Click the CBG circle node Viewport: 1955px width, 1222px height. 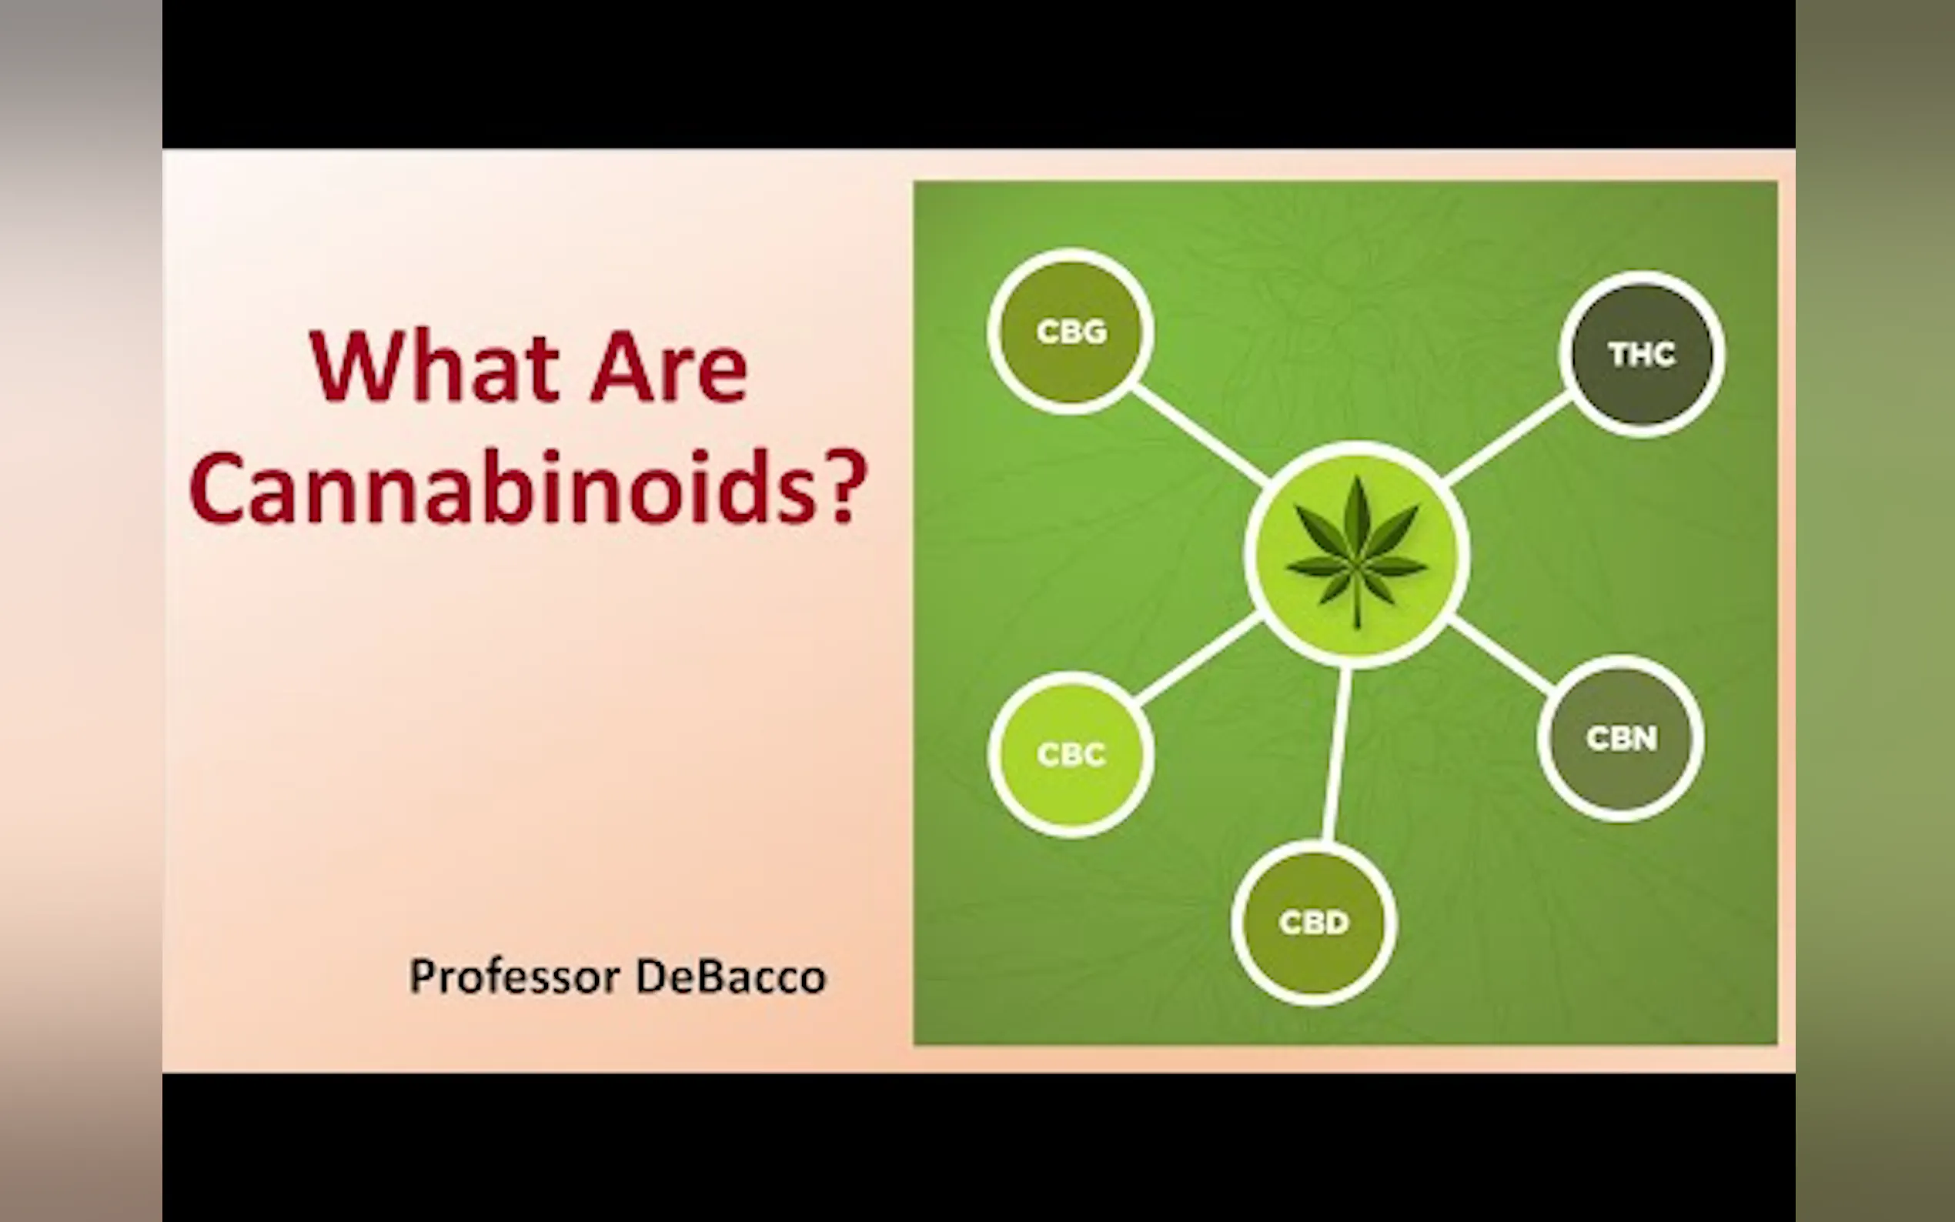(x=1070, y=332)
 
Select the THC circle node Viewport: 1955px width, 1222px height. (x=1642, y=354)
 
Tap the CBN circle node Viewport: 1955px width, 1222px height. (x=1620, y=738)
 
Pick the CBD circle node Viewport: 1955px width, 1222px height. (x=1313, y=922)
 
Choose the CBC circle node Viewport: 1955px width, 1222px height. (x=1070, y=754)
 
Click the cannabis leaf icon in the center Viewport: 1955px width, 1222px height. (x=1357, y=553)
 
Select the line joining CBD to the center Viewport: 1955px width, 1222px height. (x=1336, y=754)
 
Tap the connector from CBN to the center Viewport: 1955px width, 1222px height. (x=1501, y=657)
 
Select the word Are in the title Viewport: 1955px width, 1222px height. (x=668, y=369)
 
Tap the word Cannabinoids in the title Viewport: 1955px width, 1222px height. (x=502, y=487)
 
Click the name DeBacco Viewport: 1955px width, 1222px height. (x=730, y=977)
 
